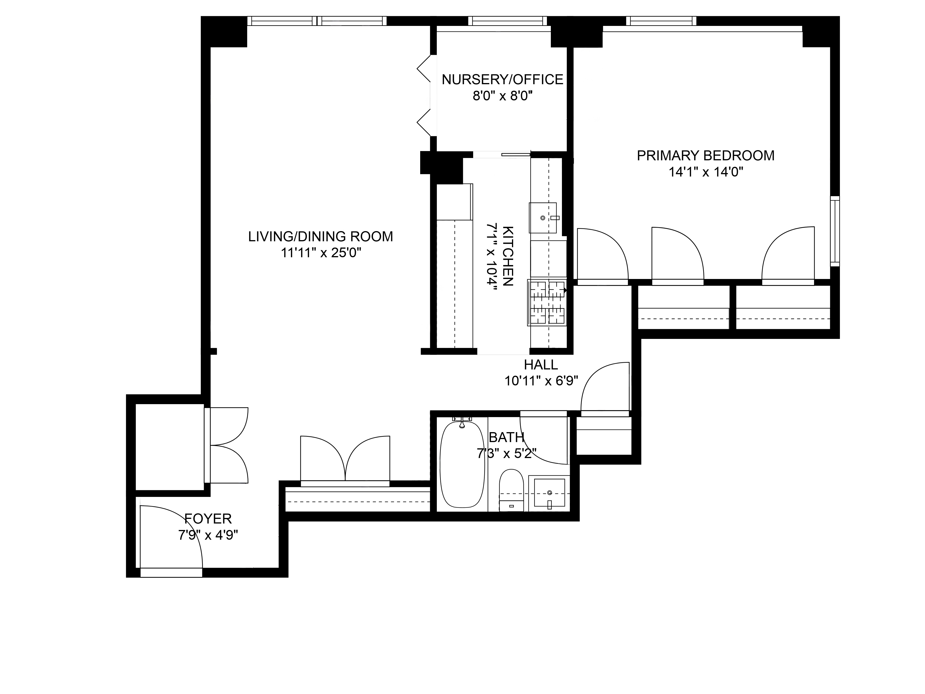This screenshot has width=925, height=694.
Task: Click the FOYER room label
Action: click(x=208, y=519)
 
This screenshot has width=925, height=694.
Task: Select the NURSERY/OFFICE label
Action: click(x=502, y=80)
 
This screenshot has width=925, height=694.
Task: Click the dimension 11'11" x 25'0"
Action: click(x=321, y=253)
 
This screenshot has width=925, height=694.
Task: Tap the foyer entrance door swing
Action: click(x=171, y=538)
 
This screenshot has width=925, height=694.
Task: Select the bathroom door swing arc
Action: click(x=544, y=439)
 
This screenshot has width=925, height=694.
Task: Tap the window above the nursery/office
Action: click(x=507, y=21)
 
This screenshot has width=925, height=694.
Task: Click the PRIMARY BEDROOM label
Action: click(x=706, y=156)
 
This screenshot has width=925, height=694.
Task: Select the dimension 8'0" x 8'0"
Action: click(x=502, y=96)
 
